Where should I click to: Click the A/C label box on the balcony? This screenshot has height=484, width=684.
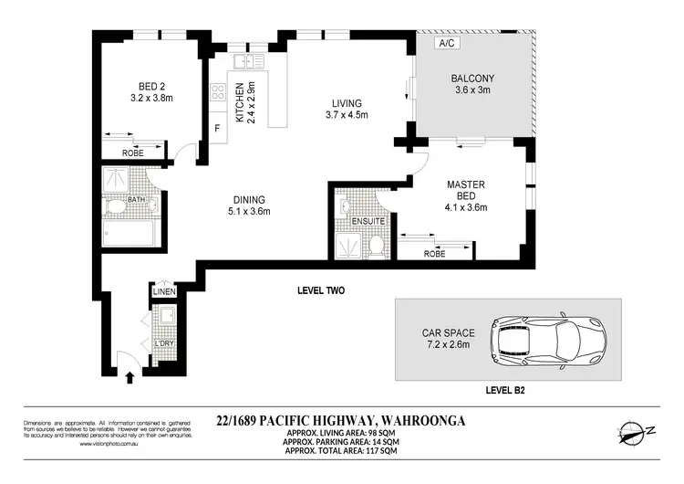(447, 43)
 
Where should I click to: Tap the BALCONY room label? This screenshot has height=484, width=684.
(473, 78)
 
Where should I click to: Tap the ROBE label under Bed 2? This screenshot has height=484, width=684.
(134, 153)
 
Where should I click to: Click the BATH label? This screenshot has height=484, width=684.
(136, 199)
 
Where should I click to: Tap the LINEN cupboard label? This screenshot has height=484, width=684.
(164, 291)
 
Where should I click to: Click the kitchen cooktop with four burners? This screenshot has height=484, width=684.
(220, 91)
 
